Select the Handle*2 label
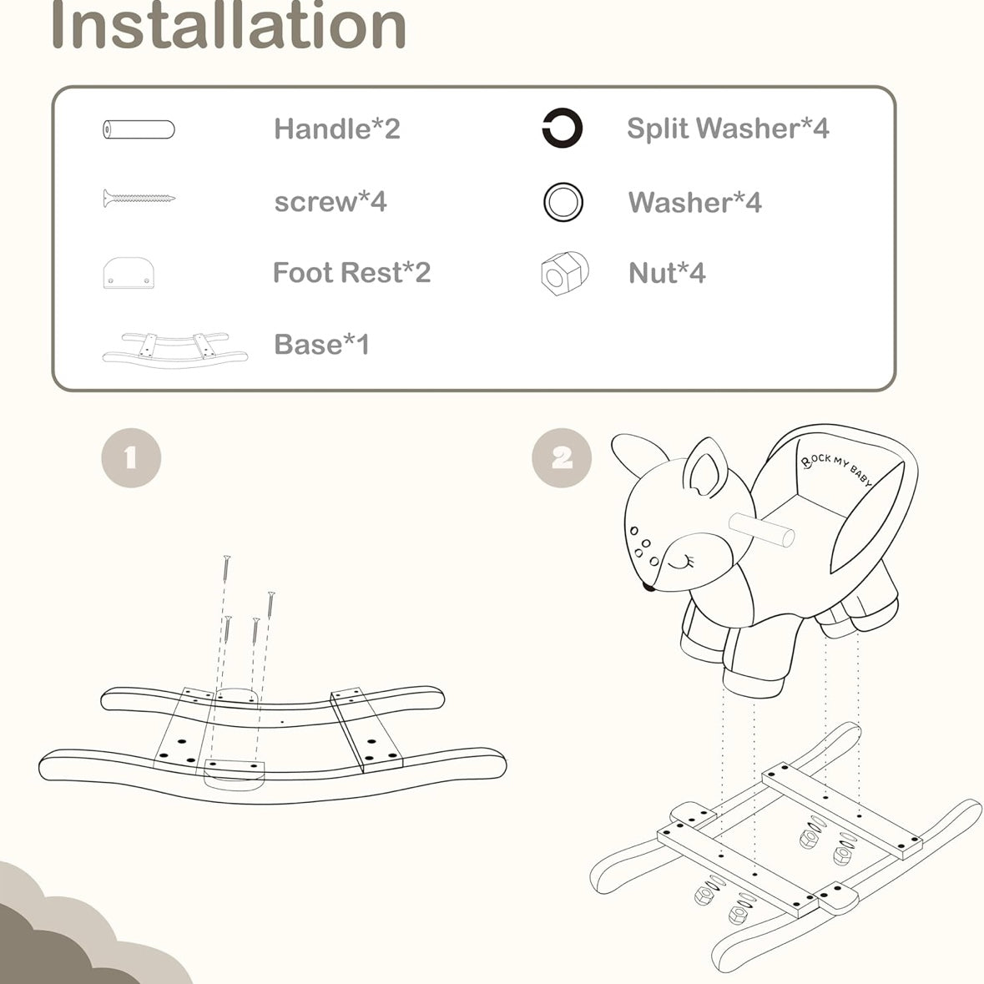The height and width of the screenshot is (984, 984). [x=337, y=129]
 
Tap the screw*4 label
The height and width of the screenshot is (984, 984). [x=331, y=201]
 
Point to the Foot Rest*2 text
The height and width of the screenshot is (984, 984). [x=351, y=272]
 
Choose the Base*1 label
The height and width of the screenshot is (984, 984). [x=321, y=344]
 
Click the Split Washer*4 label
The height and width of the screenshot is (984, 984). [x=728, y=128]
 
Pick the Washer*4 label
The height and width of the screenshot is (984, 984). [x=694, y=202]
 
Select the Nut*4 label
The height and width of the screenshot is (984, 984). [x=667, y=273]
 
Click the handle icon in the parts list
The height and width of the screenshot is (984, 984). [x=139, y=130]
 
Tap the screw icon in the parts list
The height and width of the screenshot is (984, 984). [x=139, y=199]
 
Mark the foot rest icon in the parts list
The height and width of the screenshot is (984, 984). [x=129, y=273]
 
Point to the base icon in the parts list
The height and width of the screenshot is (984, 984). [x=175, y=351]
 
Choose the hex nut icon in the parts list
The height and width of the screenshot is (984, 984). [x=564, y=273]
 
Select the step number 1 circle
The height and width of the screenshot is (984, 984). [x=131, y=457]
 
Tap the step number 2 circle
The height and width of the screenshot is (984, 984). [x=562, y=457]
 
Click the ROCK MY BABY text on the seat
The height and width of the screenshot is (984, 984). [x=836, y=469]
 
